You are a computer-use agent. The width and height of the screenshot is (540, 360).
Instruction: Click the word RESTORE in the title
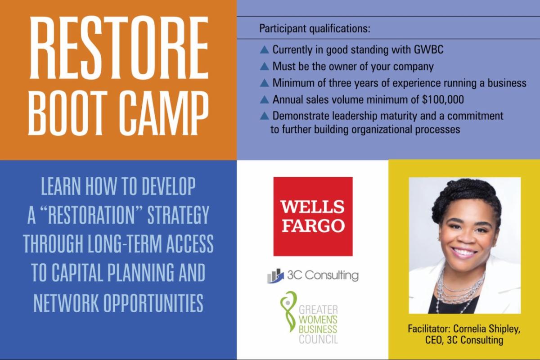tap(119, 48)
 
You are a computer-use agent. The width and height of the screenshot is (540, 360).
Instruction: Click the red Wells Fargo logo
tap(313, 216)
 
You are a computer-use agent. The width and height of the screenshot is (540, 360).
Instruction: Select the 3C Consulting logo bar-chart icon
tap(275, 275)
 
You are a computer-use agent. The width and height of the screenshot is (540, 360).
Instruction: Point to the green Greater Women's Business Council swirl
tap(288, 311)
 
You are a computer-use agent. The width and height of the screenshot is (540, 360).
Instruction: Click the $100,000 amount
tap(443, 99)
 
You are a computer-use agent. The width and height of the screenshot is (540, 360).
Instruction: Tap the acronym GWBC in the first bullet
tap(428, 49)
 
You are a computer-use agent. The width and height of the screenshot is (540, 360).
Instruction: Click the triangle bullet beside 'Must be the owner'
tap(265, 66)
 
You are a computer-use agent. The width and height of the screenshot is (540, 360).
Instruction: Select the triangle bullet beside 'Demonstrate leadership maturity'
tap(265, 116)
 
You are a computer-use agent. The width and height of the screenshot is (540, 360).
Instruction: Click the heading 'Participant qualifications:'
tap(315, 29)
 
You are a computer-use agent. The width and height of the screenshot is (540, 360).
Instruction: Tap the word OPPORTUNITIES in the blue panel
tap(153, 303)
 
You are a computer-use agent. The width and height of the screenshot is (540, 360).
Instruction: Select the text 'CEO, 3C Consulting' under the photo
tap(464, 340)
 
